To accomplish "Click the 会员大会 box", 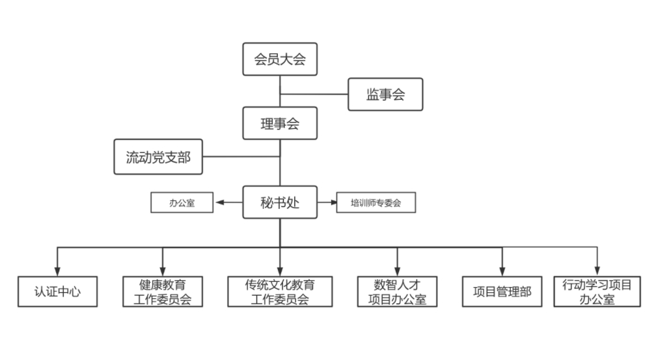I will point(280,60).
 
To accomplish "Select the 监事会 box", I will point(385,94).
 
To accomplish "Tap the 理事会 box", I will point(280,123).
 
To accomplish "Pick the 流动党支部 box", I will point(158,157).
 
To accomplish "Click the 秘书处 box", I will point(280,202).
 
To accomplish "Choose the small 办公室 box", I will point(182,202).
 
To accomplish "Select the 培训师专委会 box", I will point(376,202).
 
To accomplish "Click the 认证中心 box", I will point(57,291).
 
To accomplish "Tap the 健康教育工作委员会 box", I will point(163,291).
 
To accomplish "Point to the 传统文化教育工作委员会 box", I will point(280,291).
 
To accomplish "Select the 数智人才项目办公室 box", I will point(397,291).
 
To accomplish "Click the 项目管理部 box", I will point(502,291).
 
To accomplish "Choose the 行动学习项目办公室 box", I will point(597,291).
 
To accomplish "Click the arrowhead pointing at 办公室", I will point(219,202).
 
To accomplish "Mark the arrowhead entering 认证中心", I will point(57,271).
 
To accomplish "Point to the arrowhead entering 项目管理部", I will point(502,271).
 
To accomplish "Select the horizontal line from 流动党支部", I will point(241,157).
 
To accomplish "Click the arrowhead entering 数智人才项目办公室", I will point(397,271).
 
